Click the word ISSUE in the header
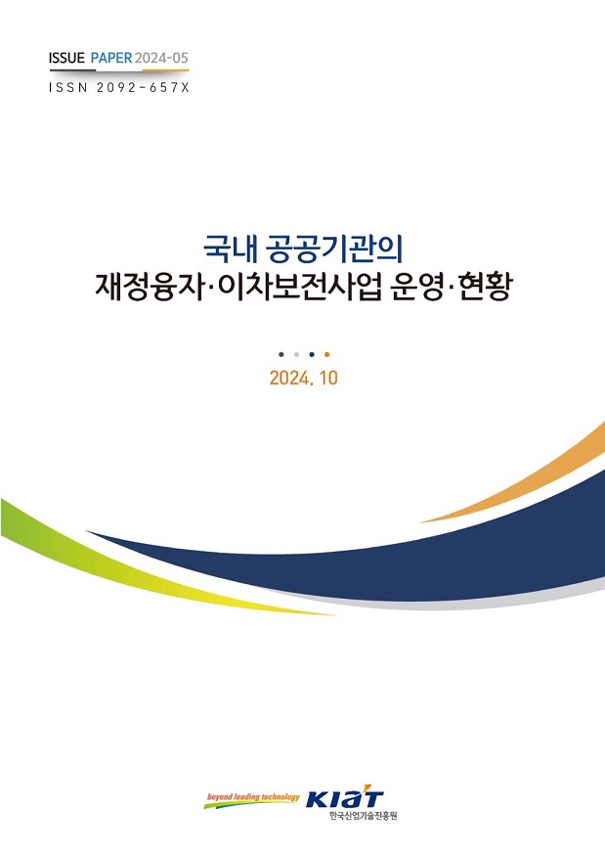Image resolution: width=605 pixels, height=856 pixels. click(x=66, y=58)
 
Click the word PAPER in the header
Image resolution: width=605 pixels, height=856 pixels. click(x=111, y=58)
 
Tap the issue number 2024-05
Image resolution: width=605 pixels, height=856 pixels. click(x=161, y=58)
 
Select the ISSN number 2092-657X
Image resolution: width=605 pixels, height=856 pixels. click(x=143, y=87)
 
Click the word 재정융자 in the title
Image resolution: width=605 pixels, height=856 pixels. click(x=149, y=288)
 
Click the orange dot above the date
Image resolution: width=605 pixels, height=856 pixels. click(x=326, y=354)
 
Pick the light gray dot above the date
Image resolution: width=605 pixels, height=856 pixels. click(x=296, y=354)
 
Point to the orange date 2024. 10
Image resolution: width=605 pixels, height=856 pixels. click(x=303, y=378)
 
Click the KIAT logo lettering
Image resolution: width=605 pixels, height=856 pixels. click(x=345, y=798)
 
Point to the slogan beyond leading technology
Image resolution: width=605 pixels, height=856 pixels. click(x=253, y=797)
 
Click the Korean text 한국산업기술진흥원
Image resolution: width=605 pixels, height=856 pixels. click(x=364, y=816)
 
